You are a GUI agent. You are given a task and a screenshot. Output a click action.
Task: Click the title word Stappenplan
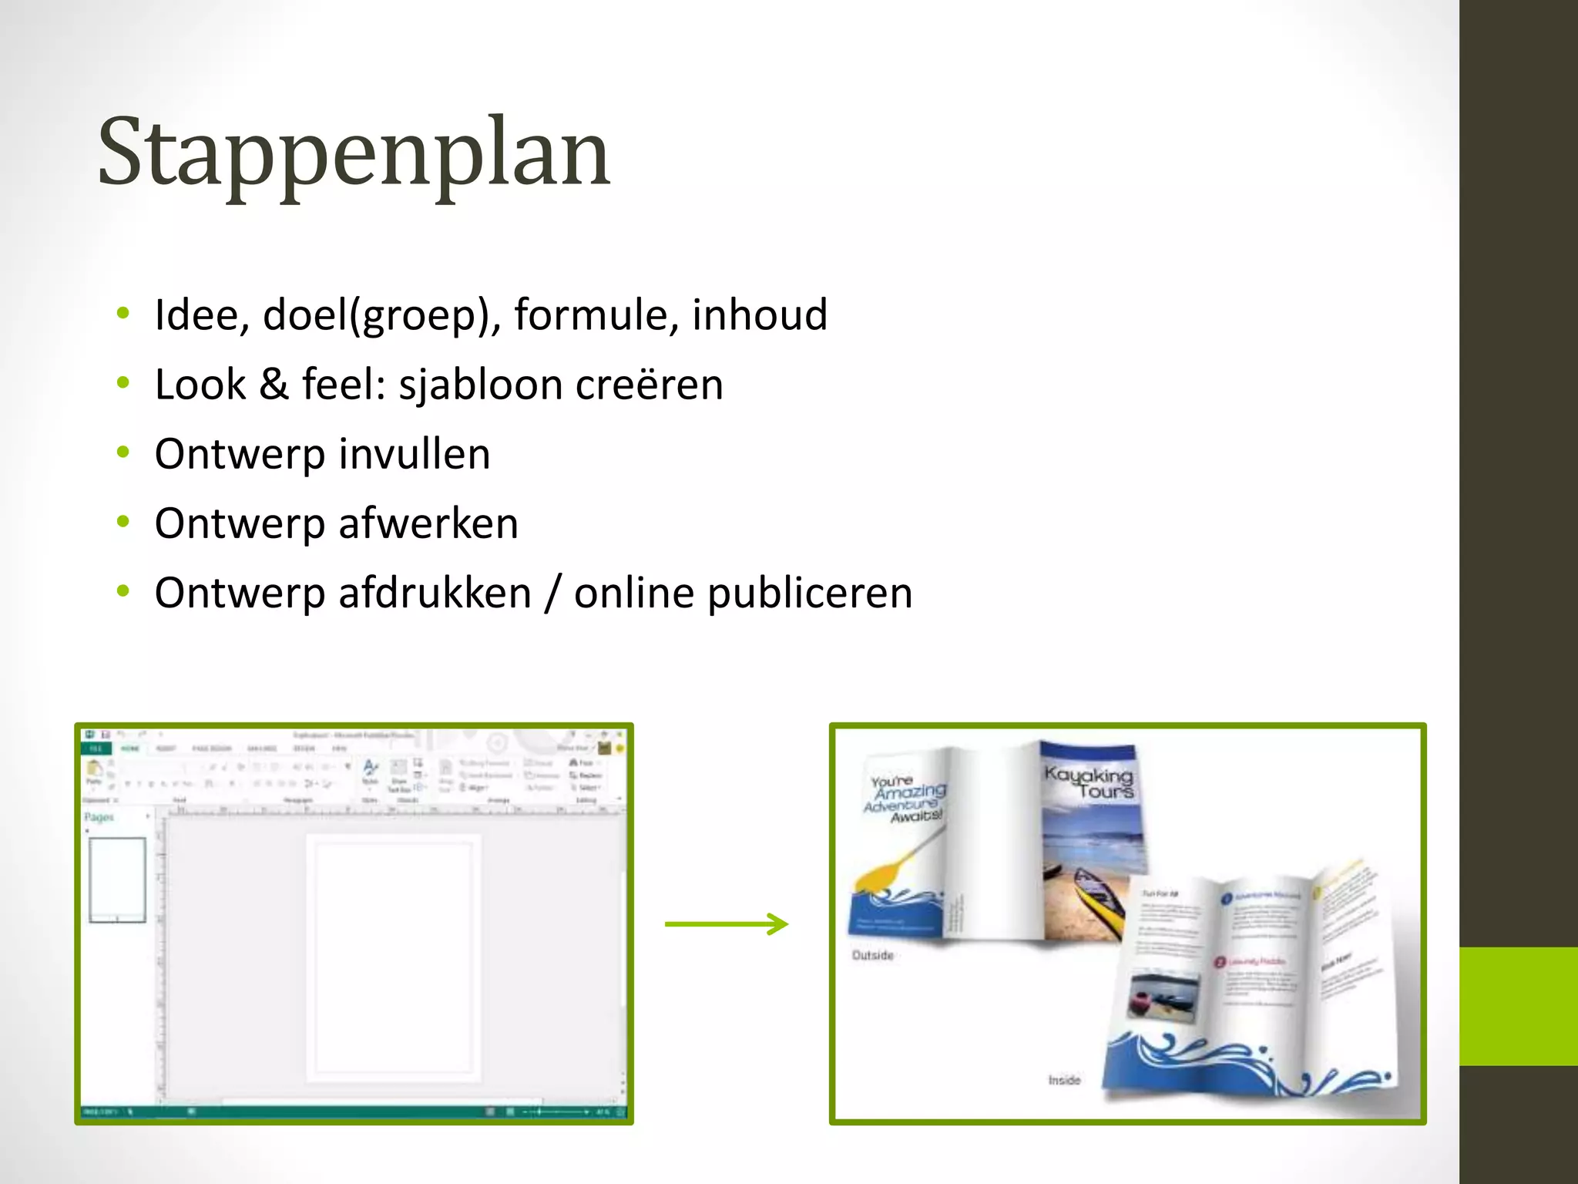[354, 153]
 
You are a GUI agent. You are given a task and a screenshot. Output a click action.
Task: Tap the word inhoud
[759, 314]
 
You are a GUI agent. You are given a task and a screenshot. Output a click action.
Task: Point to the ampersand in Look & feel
[274, 384]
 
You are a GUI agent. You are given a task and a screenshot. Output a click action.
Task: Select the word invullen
[414, 453]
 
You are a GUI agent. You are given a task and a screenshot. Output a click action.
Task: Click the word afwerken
[428, 523]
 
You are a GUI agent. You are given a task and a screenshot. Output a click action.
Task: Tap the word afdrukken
[435, 593]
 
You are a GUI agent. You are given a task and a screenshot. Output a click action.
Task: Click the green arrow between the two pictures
[726, 923]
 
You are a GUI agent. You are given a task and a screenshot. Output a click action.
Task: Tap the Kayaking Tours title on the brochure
[1089, 782]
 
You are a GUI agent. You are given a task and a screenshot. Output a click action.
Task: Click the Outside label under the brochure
[872, 955]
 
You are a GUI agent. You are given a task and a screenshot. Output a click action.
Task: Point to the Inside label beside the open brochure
[1064, 1080]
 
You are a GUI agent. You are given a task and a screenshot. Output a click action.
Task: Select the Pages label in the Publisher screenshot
[99, 817]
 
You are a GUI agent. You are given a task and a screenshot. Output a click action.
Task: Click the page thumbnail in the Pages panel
[117, 880]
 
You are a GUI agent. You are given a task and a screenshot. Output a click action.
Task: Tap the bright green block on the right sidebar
[1518, 1006]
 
